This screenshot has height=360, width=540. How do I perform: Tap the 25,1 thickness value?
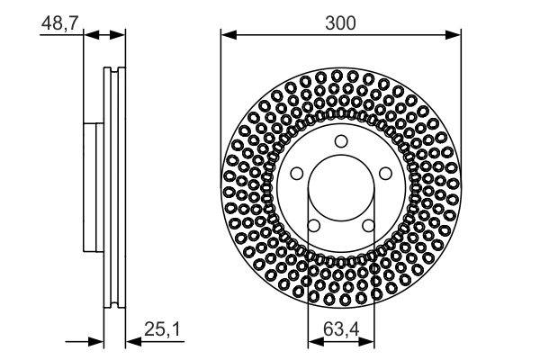pos(164,332)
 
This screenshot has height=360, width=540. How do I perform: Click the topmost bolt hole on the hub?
pos(340,140)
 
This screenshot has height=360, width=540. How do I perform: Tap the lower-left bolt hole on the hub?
pos(314,225)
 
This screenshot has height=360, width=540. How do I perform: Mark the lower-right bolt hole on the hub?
pos(367,225)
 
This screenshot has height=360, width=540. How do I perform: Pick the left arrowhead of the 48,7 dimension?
pos(89,36)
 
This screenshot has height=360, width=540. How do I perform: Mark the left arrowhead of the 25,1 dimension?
pos(98,341)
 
